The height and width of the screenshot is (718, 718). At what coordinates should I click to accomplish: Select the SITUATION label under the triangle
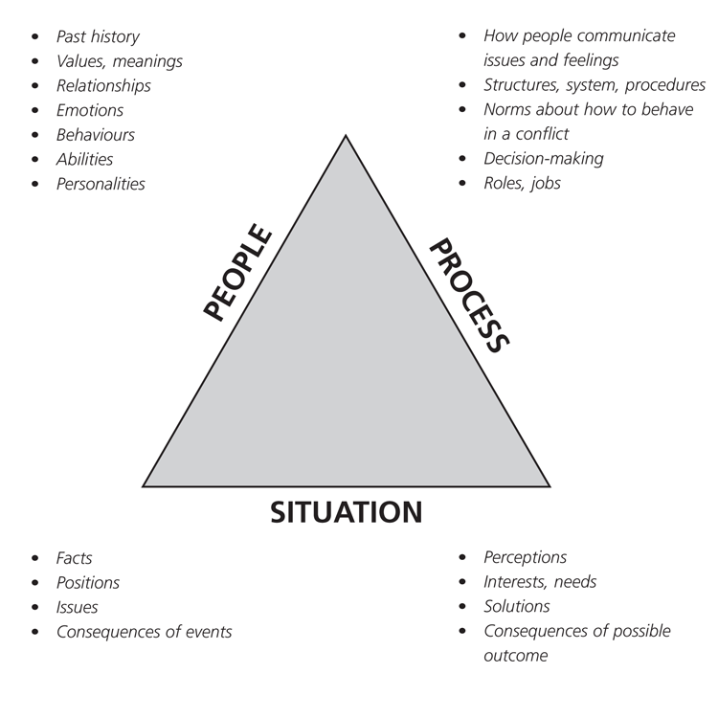pyautogui.click(x=347, y=512)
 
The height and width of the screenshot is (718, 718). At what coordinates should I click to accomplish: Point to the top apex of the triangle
pyautogui.click(x=347, y=137)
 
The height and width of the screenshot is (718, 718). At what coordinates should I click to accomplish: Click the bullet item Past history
pyautogui.click(x=97, y=36)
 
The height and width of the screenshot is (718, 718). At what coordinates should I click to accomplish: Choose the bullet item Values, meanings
pyautogui.click(x=119, y=61)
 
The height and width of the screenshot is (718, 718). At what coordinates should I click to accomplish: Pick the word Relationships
pyautogui.click(x=103, y=86)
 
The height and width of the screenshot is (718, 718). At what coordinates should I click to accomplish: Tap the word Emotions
pyautogui.click(x=91, y=110)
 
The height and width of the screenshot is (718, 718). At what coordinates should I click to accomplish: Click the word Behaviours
pyautogui.click(x=95, y=135)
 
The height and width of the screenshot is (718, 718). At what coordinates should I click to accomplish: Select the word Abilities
pyautogui.click(x=84, y=160)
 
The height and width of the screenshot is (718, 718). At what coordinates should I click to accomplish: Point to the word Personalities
pyautogui.click(x=101, y=184)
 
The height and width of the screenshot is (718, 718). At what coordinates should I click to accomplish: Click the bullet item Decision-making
pyautogui.click(x=543, y=158)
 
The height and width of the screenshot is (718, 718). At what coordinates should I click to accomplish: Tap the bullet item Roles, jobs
pyautogui.click(x=522, y=182)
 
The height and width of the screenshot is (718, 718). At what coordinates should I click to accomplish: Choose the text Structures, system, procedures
pyautogui.click(x=594, y=85)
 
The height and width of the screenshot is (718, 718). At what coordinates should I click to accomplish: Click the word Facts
pyautogui.click(x=74, y=558)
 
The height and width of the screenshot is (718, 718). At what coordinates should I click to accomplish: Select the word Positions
pyautogui.click(x=87, y=582)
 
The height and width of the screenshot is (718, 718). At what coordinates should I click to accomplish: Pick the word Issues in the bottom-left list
pyautogui.click(x=77, y=607)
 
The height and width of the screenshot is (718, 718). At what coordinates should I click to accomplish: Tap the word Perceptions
pyautogui.click(x=525, y=557)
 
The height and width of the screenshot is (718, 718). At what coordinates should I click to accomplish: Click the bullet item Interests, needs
pyautogui.click(x=540, y=582)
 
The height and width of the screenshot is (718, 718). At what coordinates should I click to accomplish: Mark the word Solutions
pyautogui.click(x=516, y=606)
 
